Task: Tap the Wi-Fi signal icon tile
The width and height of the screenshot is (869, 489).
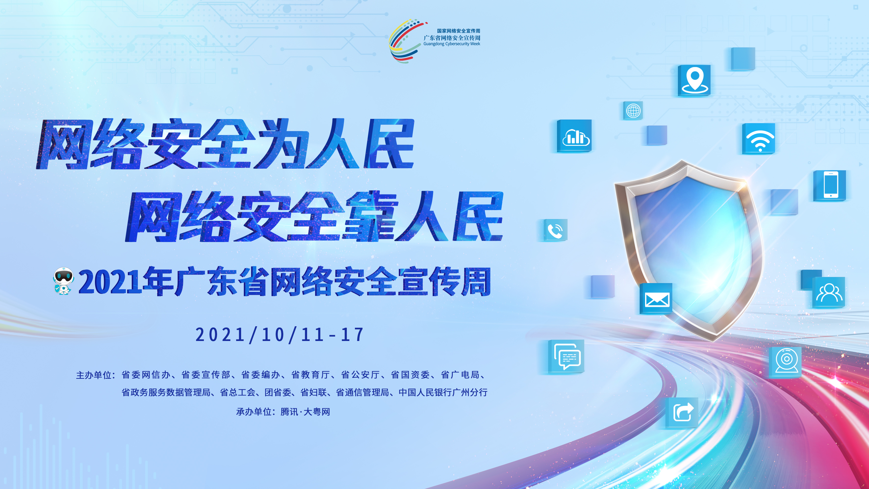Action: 759,139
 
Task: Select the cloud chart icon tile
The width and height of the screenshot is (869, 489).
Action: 574,136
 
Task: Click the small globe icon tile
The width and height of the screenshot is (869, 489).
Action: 633,110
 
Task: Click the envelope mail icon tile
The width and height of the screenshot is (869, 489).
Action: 656,299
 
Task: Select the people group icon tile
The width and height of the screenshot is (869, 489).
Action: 829,292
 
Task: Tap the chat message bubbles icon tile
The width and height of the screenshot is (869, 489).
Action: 567,356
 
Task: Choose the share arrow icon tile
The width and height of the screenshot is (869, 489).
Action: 682,413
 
